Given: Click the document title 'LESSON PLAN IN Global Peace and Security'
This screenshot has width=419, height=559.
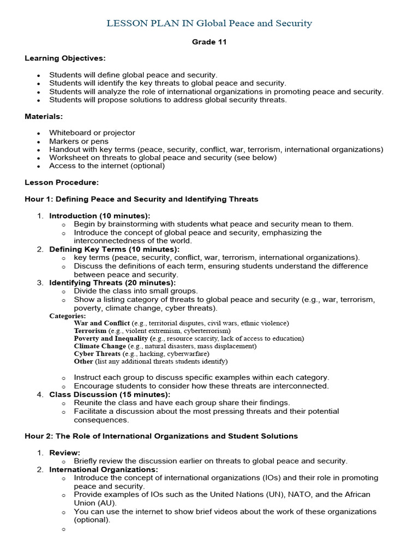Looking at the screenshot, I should [209, 23].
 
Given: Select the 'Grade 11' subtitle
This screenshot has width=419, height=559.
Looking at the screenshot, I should [209, 42].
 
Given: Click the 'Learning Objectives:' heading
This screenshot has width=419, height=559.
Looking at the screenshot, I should [65, 58].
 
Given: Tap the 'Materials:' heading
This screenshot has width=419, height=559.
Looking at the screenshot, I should [44, 116].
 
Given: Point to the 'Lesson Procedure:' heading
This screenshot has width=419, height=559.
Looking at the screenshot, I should [62, 182].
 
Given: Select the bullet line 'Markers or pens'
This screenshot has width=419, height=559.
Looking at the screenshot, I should [78, 141].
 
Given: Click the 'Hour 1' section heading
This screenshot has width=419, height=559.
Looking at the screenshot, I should [141, 199].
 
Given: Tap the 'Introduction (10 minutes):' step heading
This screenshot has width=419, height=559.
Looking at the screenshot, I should [99, 216].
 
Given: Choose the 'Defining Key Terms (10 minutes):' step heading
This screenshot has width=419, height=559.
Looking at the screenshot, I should [114, 249].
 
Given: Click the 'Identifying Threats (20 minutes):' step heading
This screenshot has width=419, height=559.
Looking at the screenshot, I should [112, 283].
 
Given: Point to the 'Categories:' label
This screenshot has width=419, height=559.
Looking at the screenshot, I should [68, 316].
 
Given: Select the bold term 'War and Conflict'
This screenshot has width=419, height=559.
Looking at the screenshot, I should [102, 323].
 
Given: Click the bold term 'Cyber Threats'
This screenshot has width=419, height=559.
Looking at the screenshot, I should [98, 354].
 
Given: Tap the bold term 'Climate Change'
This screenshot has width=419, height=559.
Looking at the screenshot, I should [100, 346].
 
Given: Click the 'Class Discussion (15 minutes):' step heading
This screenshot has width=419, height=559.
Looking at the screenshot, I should [110, 394].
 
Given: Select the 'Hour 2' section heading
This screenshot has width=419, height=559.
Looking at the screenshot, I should [161, 436].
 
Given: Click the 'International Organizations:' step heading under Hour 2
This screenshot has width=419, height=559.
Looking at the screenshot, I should [104, 469].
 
